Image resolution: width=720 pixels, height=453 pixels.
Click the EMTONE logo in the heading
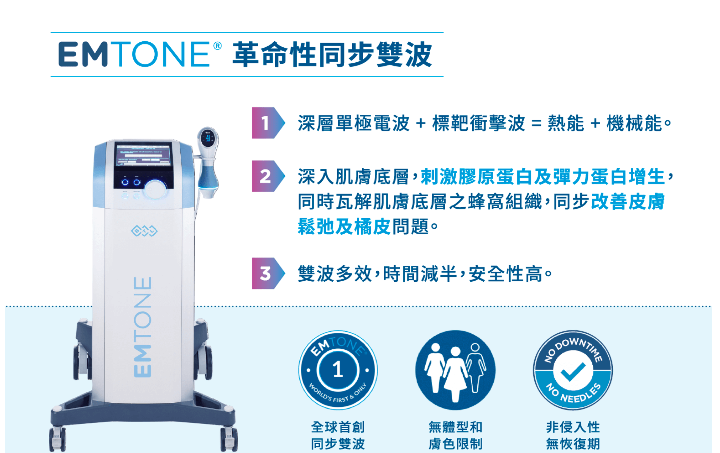134,54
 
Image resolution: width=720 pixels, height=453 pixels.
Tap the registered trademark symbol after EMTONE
217,46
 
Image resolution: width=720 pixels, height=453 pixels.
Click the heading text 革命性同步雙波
333,54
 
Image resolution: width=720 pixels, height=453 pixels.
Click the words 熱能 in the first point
566,123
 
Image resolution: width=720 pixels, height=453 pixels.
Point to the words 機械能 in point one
634,123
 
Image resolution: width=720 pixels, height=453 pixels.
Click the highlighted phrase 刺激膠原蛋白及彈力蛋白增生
543,177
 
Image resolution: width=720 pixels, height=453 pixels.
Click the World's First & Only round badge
338,370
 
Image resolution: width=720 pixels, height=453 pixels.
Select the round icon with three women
456,370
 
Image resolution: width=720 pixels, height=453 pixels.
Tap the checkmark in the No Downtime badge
573,372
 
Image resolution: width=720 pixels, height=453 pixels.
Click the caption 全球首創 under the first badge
338,427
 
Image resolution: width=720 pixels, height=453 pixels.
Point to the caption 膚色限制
456,444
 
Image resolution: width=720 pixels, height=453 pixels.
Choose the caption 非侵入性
573,427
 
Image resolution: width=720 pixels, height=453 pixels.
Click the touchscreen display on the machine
143,155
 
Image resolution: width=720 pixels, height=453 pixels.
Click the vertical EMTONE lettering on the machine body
143,327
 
